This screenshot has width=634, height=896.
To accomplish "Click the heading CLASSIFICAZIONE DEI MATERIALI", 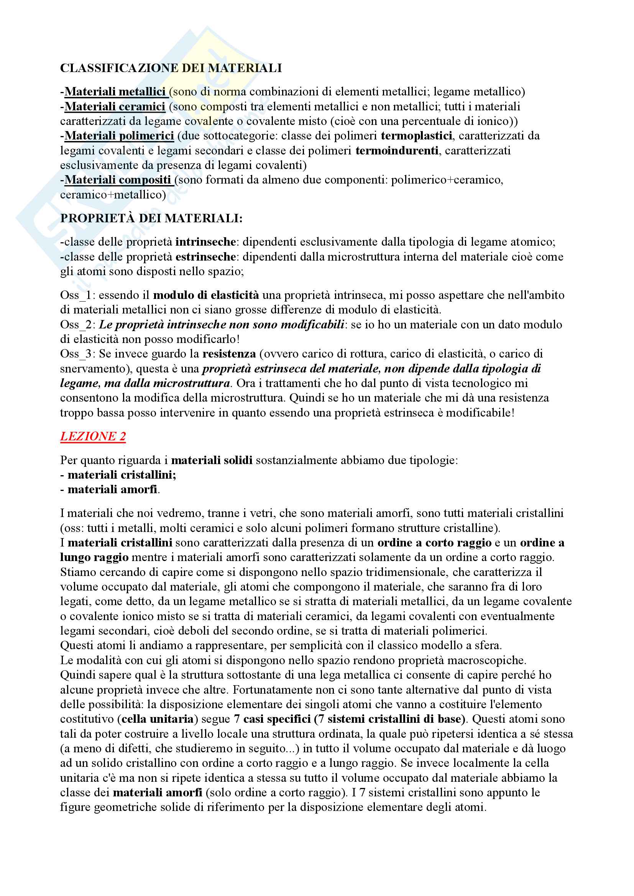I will (171, 68).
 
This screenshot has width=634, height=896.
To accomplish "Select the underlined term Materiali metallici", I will (115, 92).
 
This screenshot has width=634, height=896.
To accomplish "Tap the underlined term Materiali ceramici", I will (115, 107).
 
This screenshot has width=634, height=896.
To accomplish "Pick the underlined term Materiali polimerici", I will (119, 136).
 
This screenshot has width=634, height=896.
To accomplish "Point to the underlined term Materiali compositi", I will (118, 180).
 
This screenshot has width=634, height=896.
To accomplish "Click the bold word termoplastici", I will (416, 136).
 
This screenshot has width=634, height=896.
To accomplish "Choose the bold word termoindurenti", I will (397, 151).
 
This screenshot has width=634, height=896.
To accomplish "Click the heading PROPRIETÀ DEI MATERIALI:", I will (151, 218).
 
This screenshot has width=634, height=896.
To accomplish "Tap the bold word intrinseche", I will (205, 242).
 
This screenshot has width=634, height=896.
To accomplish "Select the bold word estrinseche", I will (205, 257).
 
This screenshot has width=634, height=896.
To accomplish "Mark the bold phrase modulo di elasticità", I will (206, 295).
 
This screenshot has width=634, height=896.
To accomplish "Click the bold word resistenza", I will (229, 354).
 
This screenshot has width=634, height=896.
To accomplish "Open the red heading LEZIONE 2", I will (93, 436).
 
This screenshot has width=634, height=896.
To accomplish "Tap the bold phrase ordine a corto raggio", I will (434, 543).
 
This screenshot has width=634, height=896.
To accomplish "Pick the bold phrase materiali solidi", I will (212, 461).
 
